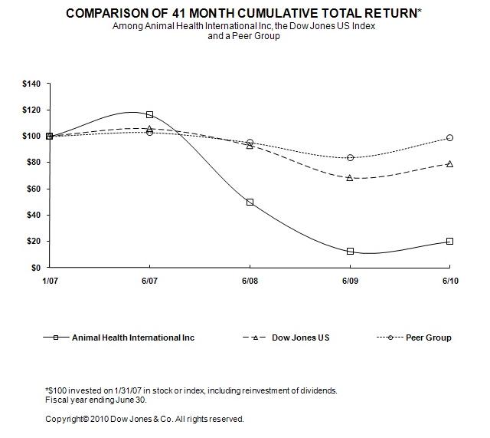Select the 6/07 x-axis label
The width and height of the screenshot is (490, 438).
click(149, 282)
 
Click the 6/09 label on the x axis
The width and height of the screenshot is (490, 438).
click(350, 282)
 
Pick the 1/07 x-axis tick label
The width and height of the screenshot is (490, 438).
click(50, 282)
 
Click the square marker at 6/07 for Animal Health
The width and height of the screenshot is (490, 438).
click(149, 114)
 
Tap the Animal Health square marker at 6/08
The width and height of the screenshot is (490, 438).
click(250, 203)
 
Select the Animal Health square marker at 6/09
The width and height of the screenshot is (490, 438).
click(350, 251)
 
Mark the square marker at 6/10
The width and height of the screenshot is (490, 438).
click(449, 241)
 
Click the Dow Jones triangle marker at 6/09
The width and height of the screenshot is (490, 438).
click(350, 177)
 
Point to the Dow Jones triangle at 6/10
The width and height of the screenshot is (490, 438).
click(449, 163)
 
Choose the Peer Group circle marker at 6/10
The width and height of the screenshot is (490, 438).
click(449, 138)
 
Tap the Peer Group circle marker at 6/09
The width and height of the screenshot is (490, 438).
click(350, 157)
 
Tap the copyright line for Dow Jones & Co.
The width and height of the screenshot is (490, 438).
click(145, 419)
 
